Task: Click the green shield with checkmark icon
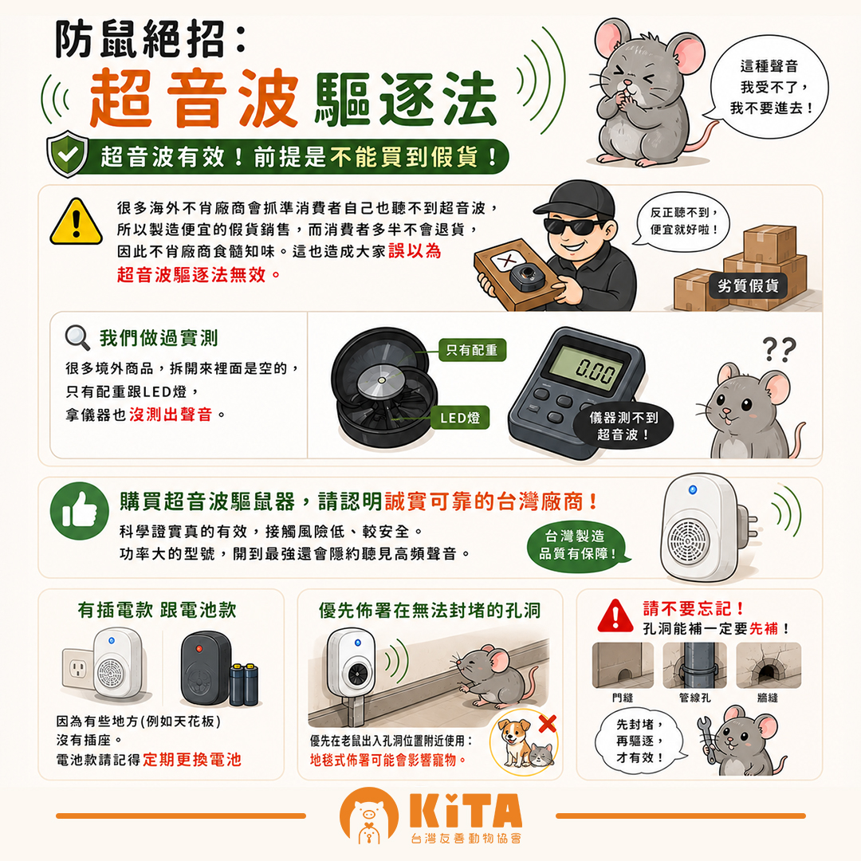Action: [x=67, y=155]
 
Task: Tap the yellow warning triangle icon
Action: [x=76, y=222]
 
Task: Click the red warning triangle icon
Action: [x=615, y=616]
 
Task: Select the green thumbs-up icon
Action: [x=79, y=511]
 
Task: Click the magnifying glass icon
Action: [x=77, y=337]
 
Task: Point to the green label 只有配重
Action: [x=472, y=350]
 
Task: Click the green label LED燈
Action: [x=460, y=418]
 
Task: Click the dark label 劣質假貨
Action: [x=747, y=285]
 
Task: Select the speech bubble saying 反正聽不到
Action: [x=681, y=221]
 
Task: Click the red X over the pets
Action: [x=548, y=724]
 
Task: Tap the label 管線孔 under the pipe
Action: [x=694, y=698]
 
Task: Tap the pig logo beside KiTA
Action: [x=368, y=816]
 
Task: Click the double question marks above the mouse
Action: [x=779, y=349]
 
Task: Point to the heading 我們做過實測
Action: [x=159, y=338]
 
